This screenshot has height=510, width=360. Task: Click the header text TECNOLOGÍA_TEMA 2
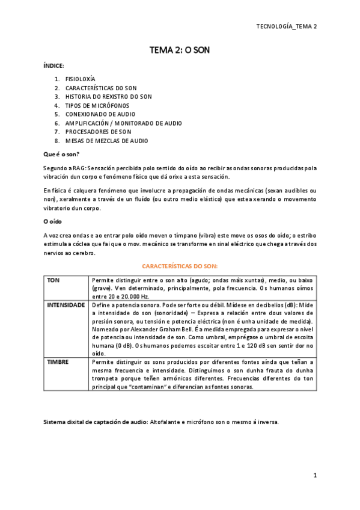pyautogui.click(x=286, y=26)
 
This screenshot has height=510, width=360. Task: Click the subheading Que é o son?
pyautogui.click(x=62, y=154)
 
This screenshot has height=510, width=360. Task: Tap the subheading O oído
pyautogui.click(x=53, y=221)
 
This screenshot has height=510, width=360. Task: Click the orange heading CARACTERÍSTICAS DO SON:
pyautogui.click(x=180, y=265)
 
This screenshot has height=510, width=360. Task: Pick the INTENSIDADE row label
pyautogui.click(x=66, y=306)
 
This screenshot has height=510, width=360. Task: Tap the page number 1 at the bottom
pyautogui.click(x=314, y=476)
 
